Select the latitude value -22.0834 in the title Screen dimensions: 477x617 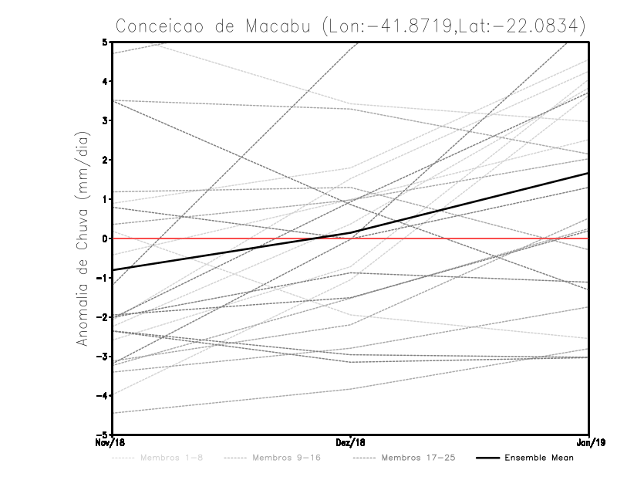530,25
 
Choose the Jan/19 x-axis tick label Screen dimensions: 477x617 589,442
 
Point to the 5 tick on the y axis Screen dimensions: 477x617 104,42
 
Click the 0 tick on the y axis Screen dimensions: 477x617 104,238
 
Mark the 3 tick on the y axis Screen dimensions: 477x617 104,120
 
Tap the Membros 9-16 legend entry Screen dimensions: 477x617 287,458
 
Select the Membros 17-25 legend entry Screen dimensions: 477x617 418,458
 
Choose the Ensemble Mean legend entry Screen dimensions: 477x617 538,458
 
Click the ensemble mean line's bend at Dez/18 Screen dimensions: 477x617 351,232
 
